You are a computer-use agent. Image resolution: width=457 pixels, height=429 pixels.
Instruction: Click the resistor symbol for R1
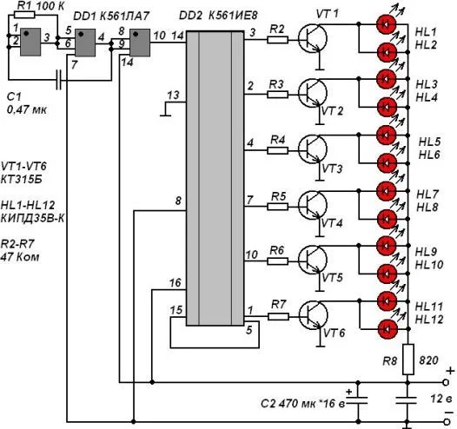24,15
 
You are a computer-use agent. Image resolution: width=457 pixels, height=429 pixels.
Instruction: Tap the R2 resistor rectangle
277,40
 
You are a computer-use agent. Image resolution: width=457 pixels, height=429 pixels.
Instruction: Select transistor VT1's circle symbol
313,39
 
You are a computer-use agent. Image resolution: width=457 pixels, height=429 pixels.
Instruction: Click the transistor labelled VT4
313,206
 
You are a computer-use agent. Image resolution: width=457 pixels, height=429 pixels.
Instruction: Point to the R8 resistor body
408,360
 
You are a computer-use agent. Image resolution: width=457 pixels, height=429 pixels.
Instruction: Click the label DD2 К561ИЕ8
218,15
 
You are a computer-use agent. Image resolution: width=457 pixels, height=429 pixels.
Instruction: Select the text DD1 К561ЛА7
111,16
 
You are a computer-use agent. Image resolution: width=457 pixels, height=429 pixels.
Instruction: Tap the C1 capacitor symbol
59,80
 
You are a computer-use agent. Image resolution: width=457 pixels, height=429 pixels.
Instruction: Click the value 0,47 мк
27,109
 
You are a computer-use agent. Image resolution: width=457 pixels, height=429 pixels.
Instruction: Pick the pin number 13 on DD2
173,96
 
